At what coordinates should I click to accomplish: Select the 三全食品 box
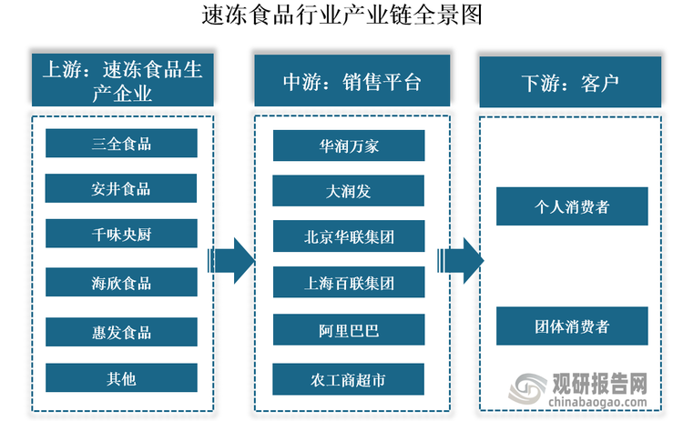pos(121,144)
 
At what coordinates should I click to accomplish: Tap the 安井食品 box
pos(121,189)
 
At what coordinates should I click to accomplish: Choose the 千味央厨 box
pos(121,236)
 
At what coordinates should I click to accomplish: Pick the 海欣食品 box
pos(121,283)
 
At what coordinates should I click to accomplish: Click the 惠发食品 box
pos(121,331)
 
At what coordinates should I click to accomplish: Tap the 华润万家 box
pos(349,145)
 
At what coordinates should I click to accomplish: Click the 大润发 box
pos(349,191)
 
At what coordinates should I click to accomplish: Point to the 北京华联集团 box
pos(349,236)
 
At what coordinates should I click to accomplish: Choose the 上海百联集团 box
pos(349,283)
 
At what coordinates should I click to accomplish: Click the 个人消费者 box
pos(572,206)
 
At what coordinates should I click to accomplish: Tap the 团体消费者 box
pos(572,326)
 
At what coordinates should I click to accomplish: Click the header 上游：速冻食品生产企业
pos(121,80)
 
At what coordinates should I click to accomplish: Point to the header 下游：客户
pos(571,82)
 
